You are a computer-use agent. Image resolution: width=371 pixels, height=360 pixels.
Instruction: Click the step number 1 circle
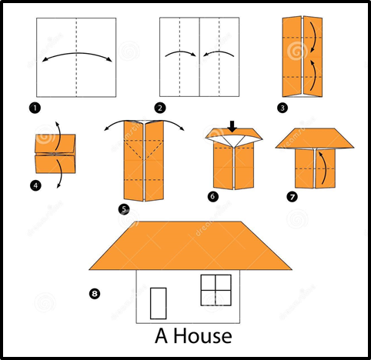click(35, 108)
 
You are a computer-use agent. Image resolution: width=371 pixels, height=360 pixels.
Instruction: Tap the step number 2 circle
click(160, 108)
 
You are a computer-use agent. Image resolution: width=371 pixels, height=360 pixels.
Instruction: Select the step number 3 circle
click(282, 108)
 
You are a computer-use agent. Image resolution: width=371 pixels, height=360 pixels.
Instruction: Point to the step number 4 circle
click(35, 185)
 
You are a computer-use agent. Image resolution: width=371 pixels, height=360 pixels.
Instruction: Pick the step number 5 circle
click(124, 209)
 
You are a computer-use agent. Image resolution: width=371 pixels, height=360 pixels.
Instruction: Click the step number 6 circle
click(213, 197)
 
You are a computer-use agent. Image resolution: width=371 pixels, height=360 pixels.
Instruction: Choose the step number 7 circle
click(292, 197)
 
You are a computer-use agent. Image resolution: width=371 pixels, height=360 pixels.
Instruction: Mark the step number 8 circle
click(95, 294)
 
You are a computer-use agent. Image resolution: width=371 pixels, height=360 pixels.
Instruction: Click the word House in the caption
click(202, 336)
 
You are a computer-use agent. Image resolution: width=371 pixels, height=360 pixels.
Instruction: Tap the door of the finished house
click(159, 303)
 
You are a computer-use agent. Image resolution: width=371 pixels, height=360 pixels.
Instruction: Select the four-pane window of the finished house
click(216, 290)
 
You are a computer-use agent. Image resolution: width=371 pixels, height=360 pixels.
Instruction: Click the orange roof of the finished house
click(190, 245)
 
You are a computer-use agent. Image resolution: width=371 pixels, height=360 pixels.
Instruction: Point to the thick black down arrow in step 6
click(232, 126)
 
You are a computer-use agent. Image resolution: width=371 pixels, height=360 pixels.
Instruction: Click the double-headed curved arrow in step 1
click(77, 53)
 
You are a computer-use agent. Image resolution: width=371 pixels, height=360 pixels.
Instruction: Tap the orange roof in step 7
click(315, 138)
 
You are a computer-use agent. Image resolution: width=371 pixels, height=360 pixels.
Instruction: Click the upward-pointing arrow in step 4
click(58, 135)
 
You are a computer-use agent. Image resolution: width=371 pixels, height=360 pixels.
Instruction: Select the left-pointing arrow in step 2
click(219, 53)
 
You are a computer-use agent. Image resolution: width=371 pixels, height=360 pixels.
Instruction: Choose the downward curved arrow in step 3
click(314, 37)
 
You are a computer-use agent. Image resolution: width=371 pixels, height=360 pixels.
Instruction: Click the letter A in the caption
click(162, 336)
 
